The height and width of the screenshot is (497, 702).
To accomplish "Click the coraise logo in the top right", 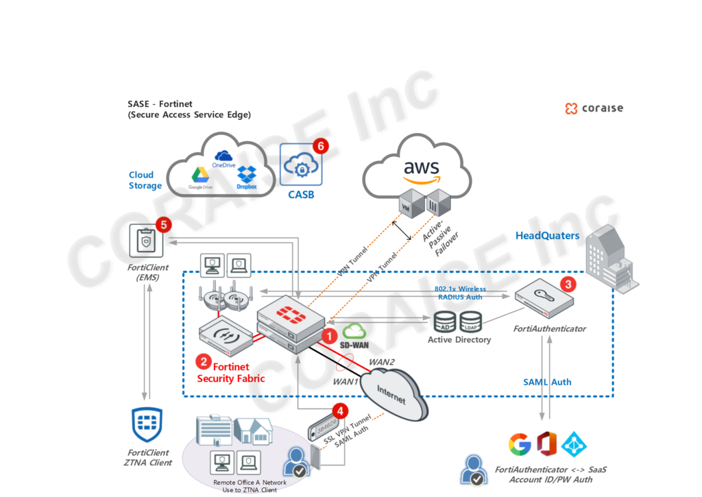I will pyautogui.click(x=594, y=108).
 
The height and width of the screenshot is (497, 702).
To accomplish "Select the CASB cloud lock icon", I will pyautogui.click(x=300, y=165).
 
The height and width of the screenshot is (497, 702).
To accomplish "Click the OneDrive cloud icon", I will pyautogui.click(x=223, y=157).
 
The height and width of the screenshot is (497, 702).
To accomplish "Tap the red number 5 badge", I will pyautogui.click(x=162, y=224).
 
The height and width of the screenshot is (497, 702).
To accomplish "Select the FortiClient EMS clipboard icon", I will pyautogui.click(x=145, y=241).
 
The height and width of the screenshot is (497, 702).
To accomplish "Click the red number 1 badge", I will pyautogui.click(x=330, y=335).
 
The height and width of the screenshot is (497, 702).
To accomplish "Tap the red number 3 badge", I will pyautogui.click(x=567, y=282).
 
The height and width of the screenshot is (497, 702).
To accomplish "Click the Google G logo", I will pyautogui.click(x=520, y=444).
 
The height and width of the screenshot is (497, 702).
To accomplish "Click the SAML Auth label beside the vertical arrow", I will pyautogui.click(x=547, y=382).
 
